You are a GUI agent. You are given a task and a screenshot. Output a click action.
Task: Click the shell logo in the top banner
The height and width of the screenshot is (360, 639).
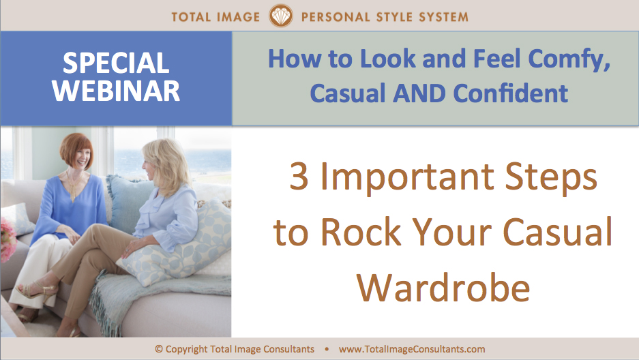(281, 16)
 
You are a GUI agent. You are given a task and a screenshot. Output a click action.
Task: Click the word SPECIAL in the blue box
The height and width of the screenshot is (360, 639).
(116, 63)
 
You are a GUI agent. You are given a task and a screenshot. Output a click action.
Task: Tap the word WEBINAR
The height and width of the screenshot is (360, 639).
(116, 91)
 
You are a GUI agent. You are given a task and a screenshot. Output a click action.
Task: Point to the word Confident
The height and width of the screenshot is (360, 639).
(511, 93)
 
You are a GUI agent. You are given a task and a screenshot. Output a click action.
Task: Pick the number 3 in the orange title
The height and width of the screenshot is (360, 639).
(299, 176)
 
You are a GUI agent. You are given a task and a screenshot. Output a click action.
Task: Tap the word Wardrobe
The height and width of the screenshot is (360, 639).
(443, 286)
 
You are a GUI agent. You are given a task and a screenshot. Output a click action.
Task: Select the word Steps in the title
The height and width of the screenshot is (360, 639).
(552, 177)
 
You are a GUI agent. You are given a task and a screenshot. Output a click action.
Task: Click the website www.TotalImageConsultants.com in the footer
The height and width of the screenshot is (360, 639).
(412, 349)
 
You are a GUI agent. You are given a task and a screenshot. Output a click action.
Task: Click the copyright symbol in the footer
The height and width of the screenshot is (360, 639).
(158, 349)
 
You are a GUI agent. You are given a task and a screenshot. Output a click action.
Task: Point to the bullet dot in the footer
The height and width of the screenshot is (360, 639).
(327, 349)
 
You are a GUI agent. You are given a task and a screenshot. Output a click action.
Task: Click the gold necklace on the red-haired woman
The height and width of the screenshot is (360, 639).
(74, 185)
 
